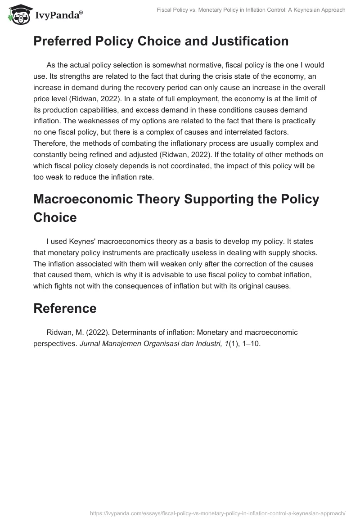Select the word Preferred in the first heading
click(x=61, y=41)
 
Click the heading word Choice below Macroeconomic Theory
click(x=55, y=217)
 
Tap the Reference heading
click(x=65, y=308)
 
